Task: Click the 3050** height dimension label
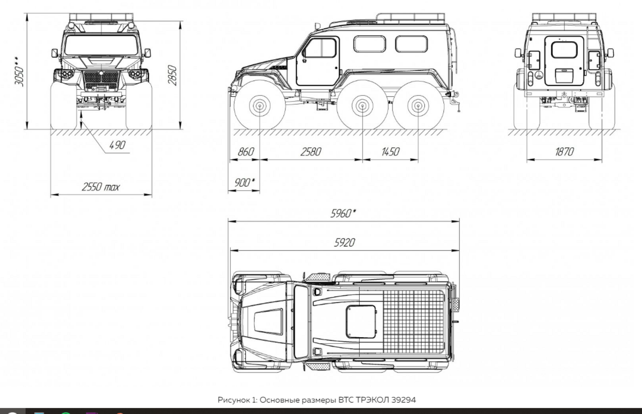20,72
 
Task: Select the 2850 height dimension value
172,75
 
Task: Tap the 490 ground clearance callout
118,145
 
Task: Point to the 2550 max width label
101,187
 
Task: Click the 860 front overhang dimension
246,151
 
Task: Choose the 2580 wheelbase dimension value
311,151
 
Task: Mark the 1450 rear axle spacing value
390,151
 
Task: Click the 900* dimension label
244,182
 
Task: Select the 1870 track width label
564,151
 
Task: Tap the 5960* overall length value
343,213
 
